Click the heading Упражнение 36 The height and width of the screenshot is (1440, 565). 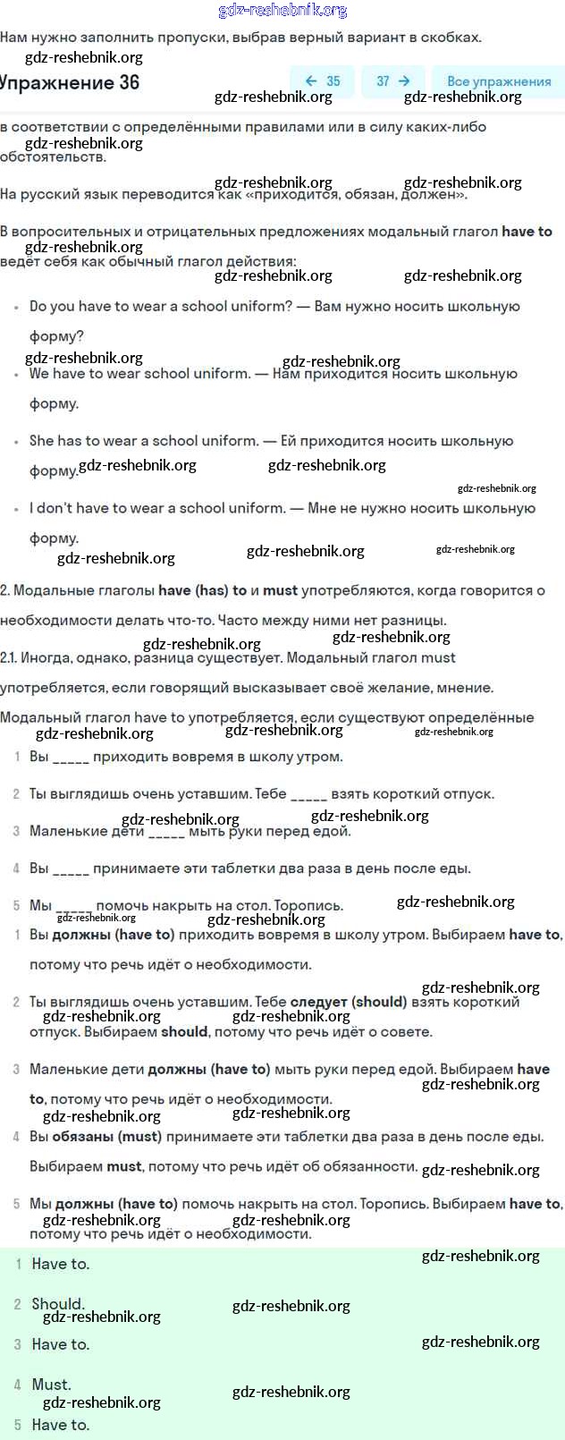click(x=70, y=82)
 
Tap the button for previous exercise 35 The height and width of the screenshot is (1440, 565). click(x=322, y=81)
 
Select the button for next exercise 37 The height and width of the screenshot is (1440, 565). click(x=392, y=81)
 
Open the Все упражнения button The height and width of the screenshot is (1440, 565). click(x=498, y=81)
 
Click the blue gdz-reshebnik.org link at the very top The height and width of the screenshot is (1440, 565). click(x=282, y=11)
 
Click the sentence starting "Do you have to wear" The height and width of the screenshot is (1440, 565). click(x=161, y=306)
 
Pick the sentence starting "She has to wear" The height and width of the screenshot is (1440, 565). click(x=144, y=440)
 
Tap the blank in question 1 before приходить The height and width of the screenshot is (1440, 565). click(x=71, y=758)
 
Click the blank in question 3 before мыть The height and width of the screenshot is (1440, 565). click(x=166, y=832)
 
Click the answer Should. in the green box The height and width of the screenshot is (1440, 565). click(x=58, y=1304)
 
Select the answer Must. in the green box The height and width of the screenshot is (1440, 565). click(x=51, y=1385)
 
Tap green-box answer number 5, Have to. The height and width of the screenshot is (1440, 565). click(x=60, y=1425)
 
